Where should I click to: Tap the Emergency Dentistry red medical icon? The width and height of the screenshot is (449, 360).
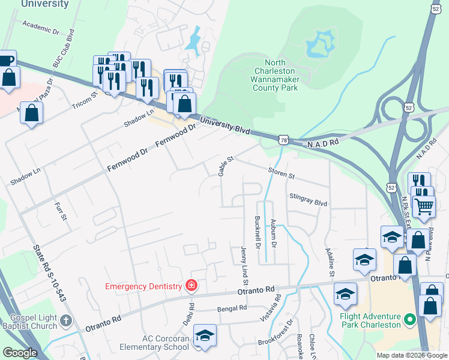click(191, 285)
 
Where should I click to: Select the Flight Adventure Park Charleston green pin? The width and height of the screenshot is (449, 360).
click(410, 320)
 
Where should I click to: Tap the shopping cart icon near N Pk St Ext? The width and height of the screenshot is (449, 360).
click(425, 206)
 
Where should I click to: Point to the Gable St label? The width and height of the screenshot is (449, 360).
click(226, 164)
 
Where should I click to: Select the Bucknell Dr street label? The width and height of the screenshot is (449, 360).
click(257, 233)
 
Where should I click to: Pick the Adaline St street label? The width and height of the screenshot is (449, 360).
click(329, 262)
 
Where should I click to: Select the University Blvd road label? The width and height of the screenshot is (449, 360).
click(224, 125)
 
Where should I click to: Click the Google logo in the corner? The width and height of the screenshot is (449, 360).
click(20, 353)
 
